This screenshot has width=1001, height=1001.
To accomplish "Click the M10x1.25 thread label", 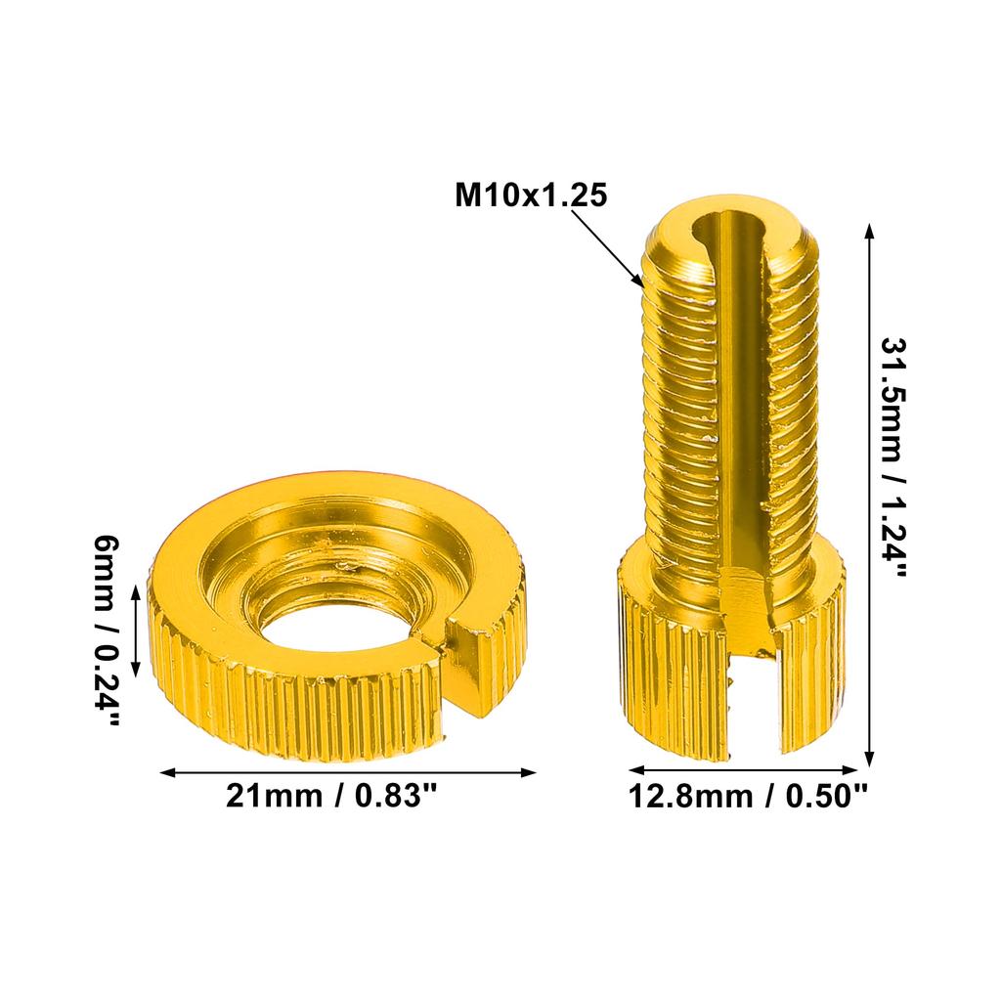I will [531, 195].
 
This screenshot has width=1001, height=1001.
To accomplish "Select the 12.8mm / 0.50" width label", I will [748, 797].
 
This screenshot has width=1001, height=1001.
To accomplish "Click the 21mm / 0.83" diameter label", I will [330, 797].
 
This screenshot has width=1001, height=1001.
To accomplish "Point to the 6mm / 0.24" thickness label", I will [107, 631].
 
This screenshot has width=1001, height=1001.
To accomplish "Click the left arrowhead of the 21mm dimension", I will [167, 772].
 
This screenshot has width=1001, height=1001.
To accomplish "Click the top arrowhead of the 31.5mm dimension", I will [869, 229].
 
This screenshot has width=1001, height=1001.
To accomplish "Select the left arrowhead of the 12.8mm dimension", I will [633, 769].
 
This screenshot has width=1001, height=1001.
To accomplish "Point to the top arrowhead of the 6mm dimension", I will [135, 589].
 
